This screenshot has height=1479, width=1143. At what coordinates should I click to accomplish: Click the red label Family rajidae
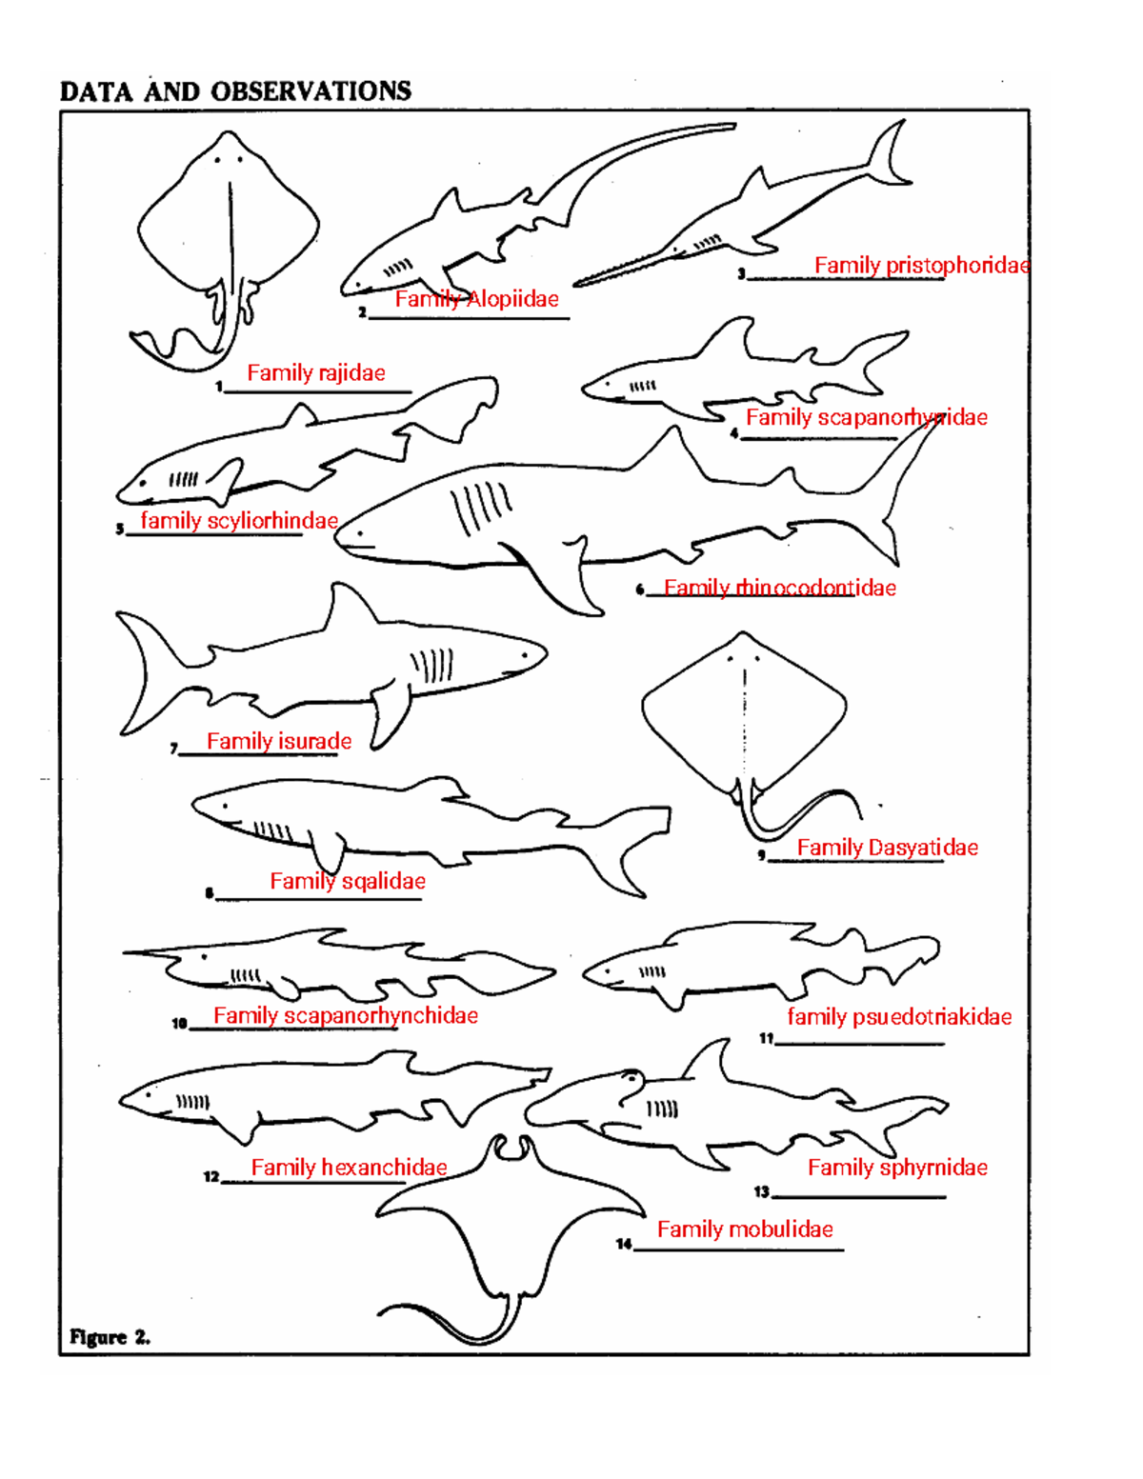pyautogui.click(x=315, y=373)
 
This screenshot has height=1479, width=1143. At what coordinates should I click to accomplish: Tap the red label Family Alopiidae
pyautogui.click(x=476, y=299)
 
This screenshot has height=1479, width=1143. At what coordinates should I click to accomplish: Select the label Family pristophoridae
pyautogui.click(x=921, y=266)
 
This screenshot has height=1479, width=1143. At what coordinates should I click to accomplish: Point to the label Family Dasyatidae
pyautogui.click(x=887, y=848)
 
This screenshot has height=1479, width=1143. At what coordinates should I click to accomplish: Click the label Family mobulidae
pyautogui.click(x=745, y=1229)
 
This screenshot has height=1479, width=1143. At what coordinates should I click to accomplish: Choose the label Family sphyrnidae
pyautogui.click(x=897, y=1168)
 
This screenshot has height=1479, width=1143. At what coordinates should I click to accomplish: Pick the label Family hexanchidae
pyautogui.click(x=349, y=1168)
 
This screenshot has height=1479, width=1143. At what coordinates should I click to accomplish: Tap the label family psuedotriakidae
pyautogui.click(x=898, y=1017)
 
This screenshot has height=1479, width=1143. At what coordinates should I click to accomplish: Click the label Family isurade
pyautogui.click(x=278, y=741)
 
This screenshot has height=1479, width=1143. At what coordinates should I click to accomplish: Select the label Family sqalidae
pyautogui.click(x=347, y=881)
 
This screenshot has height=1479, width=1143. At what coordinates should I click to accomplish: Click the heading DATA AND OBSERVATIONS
pyautogui.click(x=235, y=91)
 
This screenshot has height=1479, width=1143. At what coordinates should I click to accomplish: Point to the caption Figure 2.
pyautogui.click(x=110, y=1336)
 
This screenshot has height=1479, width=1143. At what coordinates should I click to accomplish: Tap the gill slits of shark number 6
pyautogui.click(x=481, y=507)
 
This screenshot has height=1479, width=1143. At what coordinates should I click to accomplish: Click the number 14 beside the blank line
pyautogui.click(x=624, y=1244)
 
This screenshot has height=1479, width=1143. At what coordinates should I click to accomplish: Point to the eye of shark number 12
pyautogui.click(x=148, y=1094)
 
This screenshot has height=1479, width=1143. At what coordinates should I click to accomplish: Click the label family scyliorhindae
pyautogui.click(x=239, y=521)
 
